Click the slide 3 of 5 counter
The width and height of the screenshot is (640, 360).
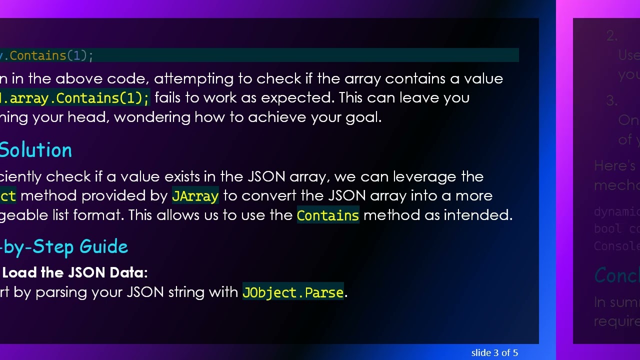point(494,353)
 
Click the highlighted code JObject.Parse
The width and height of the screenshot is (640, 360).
point(293,292)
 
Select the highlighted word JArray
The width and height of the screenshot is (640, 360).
point(195,196)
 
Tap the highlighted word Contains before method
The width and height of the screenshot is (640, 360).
point(328,215)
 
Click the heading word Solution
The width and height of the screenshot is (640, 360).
point(36,150)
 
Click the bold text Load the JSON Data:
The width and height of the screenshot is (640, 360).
point(75,272)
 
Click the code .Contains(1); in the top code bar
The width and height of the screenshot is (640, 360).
point(50,55)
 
